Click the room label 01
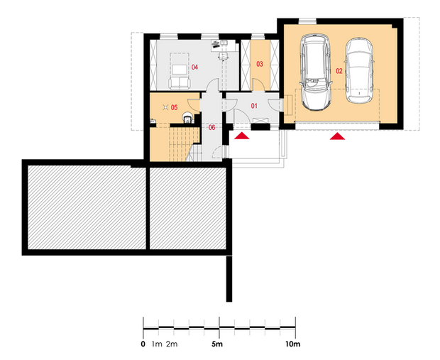tap(254, 106)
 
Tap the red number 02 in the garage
tap(339, 71)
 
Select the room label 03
tap(260, 64)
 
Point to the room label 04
tap(194, 67)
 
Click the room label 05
tap(174, 107)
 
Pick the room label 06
tap(211, 128)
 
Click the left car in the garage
tap(315, 72)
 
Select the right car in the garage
tap(359, 70)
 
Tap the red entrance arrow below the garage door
tap(337, 136)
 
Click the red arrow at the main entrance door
tap(242, 136)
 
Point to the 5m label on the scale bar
tap(217, 344)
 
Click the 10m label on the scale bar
tap(292, 344)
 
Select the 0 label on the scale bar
tap(143, 344)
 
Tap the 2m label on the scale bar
tap(172, 344)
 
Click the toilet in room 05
tap(187, 118)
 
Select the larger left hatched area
tap(87, 207)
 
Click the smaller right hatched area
tap(188, 208)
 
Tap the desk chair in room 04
tap(223, 55)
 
